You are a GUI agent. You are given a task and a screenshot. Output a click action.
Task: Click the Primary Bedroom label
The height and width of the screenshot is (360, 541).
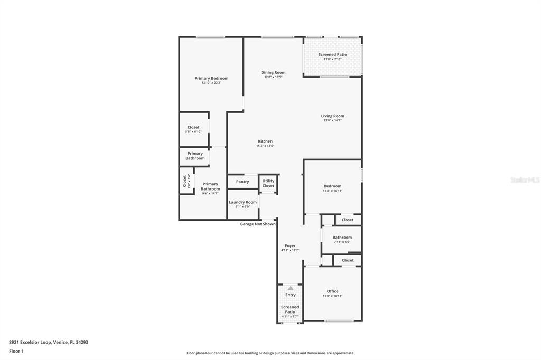211,78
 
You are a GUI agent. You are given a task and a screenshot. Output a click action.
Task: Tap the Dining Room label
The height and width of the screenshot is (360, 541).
273,72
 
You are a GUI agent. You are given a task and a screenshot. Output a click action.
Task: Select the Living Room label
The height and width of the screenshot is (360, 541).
332,116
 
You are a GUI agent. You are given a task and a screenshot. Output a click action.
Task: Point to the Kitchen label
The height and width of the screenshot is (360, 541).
265,141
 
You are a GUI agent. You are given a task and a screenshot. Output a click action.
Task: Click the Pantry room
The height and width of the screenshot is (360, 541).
242,182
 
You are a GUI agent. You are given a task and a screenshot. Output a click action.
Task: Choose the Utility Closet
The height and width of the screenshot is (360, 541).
268,183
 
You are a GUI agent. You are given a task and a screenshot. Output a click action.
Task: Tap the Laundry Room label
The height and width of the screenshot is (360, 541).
242,202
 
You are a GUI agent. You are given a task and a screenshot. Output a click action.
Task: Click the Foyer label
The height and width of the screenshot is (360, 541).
290,245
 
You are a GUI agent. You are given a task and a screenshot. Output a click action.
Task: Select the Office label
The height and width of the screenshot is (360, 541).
332,291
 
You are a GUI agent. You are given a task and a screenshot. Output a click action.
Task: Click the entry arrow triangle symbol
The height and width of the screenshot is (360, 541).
290,288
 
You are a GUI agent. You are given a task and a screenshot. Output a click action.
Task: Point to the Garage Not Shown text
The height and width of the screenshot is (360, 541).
258,224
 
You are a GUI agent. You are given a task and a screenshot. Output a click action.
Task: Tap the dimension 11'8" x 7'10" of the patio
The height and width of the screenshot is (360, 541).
332,59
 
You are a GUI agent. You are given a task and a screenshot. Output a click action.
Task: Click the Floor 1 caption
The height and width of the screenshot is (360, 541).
16,351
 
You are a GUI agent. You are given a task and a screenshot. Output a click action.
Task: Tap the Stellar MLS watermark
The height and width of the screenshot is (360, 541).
525,180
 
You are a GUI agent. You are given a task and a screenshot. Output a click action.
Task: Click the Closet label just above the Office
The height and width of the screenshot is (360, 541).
348,260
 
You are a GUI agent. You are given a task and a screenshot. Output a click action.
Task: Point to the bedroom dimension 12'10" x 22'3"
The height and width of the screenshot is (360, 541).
211,83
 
